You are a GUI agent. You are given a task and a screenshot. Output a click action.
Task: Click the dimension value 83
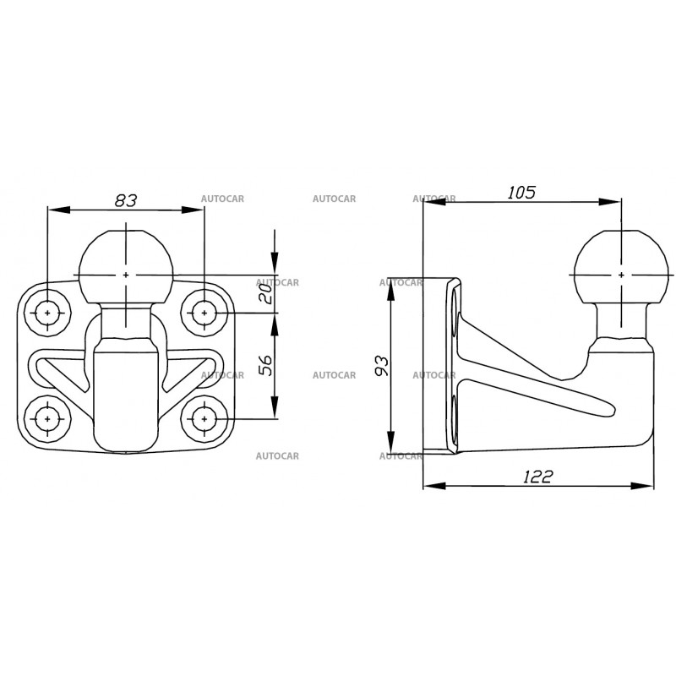[x=125, y=199]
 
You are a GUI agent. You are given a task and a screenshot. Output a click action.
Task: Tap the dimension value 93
[x=380, y=365]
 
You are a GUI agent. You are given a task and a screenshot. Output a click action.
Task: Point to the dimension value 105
[x=521, y=192]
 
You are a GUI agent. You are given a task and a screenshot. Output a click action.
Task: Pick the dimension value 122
[x=537, y=477]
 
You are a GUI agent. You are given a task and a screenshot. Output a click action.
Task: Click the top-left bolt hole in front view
[x=47, y=313]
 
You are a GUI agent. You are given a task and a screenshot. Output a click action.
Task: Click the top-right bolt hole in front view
[x=204, y=313]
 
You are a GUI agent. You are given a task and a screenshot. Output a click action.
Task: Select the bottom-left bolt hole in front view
[x=47, y=418]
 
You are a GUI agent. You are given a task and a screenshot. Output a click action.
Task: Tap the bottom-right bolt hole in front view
[x=204, y=418]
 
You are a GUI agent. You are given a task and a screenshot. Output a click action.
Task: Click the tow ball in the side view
[x=622, y=266]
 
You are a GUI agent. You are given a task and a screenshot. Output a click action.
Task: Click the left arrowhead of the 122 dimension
[x=428, y=486]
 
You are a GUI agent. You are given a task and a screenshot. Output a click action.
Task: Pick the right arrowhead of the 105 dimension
[x=616, y=201]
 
